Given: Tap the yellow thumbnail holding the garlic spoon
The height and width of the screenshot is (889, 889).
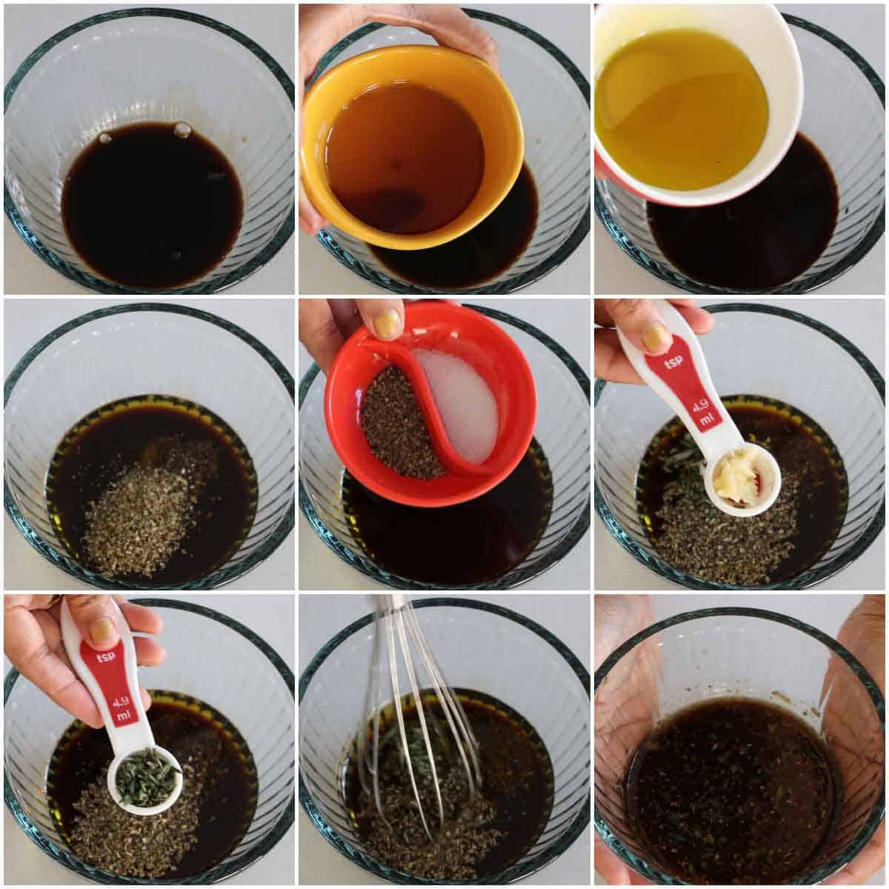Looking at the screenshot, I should click(654, 338).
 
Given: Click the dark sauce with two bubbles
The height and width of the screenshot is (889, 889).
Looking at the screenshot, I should click(152, 204).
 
